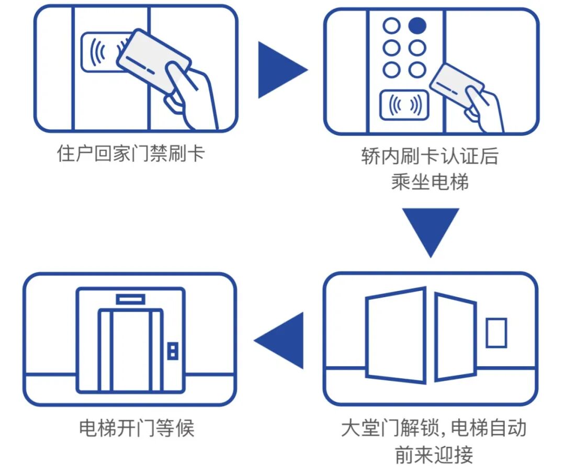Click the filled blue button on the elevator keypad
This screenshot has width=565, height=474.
tap(417, 26)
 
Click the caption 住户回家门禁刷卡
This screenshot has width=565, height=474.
tap(131, 154)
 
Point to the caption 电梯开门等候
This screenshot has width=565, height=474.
tap(137, 428)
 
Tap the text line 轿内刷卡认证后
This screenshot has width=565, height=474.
tap(430, 156)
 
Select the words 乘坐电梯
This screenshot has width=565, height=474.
tap(430, 182)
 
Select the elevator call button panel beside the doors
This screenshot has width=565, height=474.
tap(172, 351)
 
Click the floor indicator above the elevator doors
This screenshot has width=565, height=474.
tap(130, 299)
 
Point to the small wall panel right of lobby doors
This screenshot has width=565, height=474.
tap(495, 333)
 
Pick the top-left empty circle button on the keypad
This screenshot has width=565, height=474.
tap(391, 26)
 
